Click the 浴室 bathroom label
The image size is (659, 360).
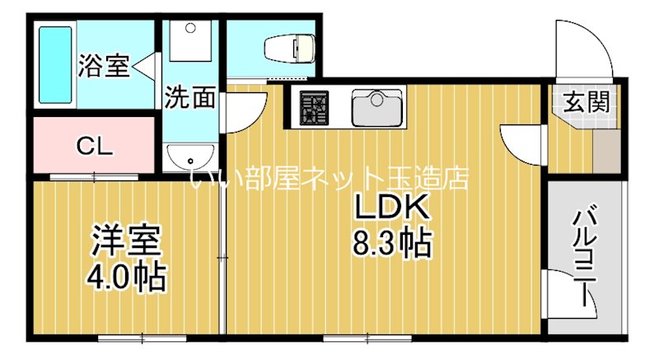tap(104, 65)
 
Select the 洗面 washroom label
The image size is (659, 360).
tap(190, 98)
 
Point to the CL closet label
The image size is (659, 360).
tap(96, 147)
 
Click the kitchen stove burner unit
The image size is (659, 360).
tap(314, 107)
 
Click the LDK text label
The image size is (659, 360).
tap(392, 209)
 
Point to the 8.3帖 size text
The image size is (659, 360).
tap(392, 243)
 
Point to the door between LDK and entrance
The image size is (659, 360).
tap(521, 144)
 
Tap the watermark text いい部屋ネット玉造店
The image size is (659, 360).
tap(329, 177)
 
